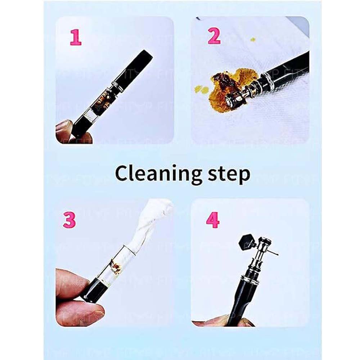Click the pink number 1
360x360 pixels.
pyautogui.click(x=76, y=37)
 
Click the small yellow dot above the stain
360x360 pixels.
pyautogui.click(x=253, y=39)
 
